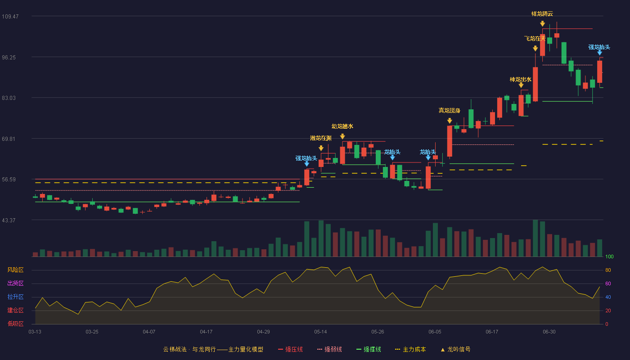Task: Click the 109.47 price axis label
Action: [10, 17]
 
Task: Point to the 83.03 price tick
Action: [9, 98]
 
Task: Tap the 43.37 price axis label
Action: [9, 220]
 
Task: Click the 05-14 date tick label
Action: [320, 332]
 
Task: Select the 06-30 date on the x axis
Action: [549, 332]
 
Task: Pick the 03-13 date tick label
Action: [35, 332]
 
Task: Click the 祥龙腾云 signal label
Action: [542, 14]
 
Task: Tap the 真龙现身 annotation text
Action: [450, 111]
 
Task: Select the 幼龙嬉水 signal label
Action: [342, 126]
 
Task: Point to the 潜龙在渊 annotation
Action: [320, 138]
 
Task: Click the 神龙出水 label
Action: [521, 80]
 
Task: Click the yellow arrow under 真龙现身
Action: [450, 121]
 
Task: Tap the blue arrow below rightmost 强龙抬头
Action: [599, 53]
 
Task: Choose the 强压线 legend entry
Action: [290, 349]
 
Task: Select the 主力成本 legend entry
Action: [410, 349]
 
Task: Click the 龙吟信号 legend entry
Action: [455, 349]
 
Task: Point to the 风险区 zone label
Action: [15, 270]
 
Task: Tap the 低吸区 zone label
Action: [15, 324]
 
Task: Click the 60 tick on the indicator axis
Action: [608, 283]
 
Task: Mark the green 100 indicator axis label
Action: [609, 256]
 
